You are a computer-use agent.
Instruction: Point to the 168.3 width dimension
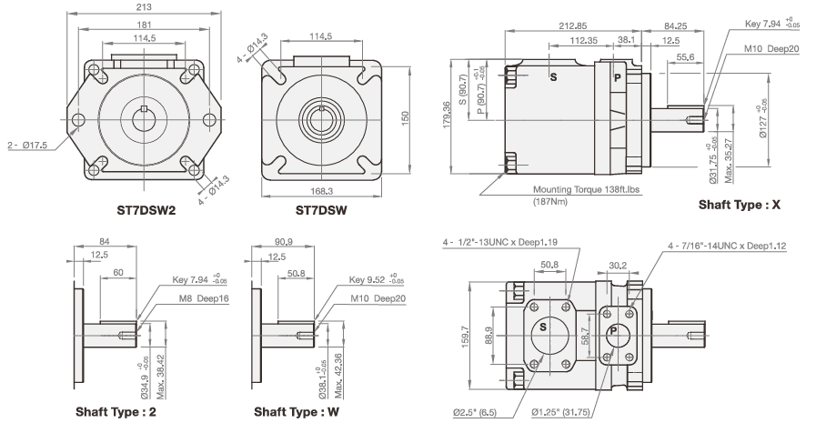(321, 192)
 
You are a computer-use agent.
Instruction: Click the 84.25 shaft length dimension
(675, 26)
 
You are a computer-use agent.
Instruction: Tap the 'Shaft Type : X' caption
(740, 206)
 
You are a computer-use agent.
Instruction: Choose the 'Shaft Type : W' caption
(297, 412)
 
